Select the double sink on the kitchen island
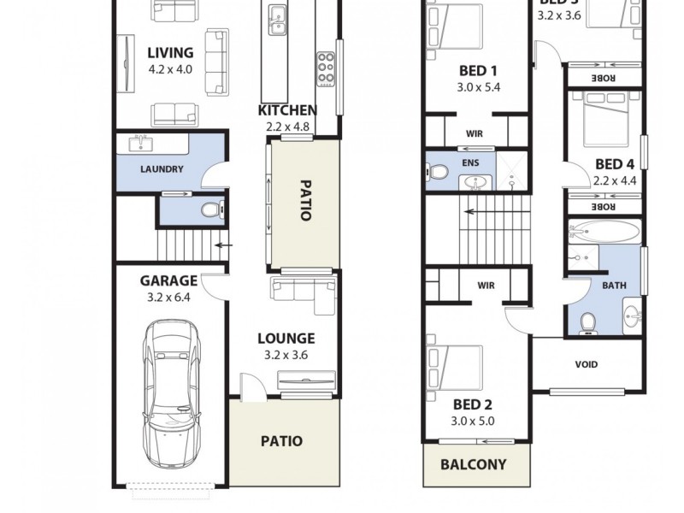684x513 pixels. click(277, 21)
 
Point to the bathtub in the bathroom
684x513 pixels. click(605, 232)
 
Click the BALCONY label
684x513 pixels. click(473, 465)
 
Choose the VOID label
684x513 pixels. click(587, 364)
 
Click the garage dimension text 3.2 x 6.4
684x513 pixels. click(168, 298)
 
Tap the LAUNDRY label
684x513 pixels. click(161, 169)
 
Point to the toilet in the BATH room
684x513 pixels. click(587, 321)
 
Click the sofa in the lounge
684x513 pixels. click(303, 290)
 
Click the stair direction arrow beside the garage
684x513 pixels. click(223, 246)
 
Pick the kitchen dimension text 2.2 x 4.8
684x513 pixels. click(288, 127)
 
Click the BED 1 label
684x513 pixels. click(475, 71)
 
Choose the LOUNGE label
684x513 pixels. click(286, 339)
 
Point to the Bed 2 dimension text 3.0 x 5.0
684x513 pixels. click(473, 421)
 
